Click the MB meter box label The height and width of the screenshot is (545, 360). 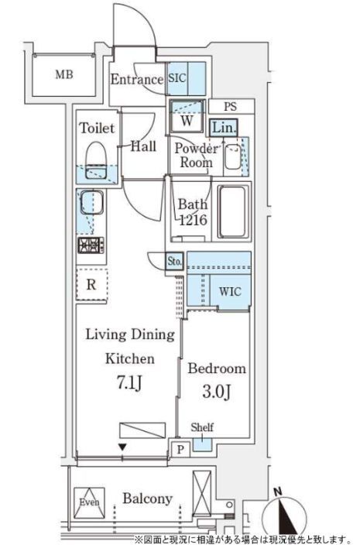click(x=64, y=74)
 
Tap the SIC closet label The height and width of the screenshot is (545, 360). click(x=177, y=78)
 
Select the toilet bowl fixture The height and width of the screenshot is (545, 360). click(x=96, y=160)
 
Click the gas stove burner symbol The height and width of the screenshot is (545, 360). click(x=91, y=245)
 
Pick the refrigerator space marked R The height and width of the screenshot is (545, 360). click(x=91, y=285)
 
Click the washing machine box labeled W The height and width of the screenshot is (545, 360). click(x=187, y=116)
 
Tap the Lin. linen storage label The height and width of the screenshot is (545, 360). click(x=224, y=128)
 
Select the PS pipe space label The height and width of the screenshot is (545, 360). click(x=230, y=106)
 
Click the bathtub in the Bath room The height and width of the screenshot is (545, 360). click(x=233, y=211)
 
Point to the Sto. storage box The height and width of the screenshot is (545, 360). click(x=174, y=260)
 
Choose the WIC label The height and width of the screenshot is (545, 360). click(x=230, y=291)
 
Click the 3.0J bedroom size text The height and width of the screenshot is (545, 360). click(x=216, y=392)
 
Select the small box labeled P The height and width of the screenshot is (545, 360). click(x=180, y=449)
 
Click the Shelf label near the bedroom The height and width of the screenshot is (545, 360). click(x=202, y=427)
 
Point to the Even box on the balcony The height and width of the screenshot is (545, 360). click(x=89, y=502)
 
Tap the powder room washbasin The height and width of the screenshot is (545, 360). click(x=232, y=156)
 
